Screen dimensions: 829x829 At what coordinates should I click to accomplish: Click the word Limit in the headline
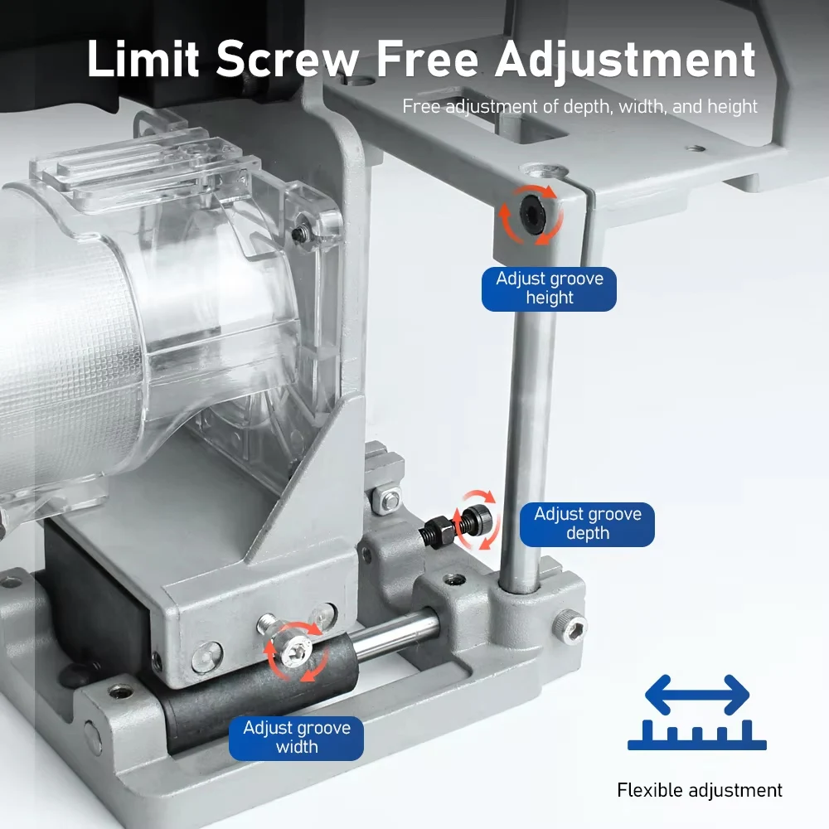click(x=143, y=59)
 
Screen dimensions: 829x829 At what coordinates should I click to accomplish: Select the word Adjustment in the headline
click(x=625, y=60)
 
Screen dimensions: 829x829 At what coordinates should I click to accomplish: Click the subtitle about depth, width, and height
click(x=580, y=106)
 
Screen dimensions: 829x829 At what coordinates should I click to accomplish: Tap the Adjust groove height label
click(x=549, y=288)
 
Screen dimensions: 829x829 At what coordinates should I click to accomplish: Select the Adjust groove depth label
click(x=587, y=524)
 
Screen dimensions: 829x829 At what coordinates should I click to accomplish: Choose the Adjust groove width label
click(x=296, y=738)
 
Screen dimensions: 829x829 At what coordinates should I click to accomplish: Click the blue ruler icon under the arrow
click(x=697, y=734)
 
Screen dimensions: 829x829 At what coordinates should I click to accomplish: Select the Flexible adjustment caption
click(x=699, y=790)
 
